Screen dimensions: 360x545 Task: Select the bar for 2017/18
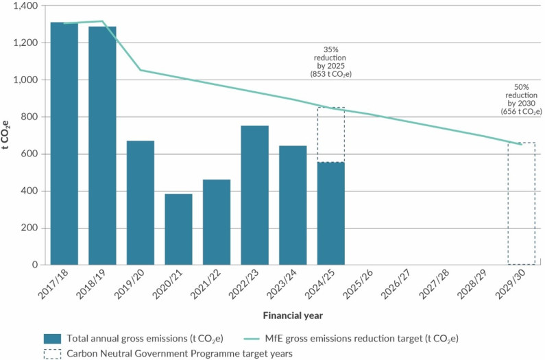(x=64, y=143)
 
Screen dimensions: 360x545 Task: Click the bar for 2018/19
(x=102, y=145)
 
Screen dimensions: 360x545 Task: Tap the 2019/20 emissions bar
(x=141, y=202)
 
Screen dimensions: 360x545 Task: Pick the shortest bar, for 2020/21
(x=178, y=229)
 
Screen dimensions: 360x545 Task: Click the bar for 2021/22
(x=217, y=221)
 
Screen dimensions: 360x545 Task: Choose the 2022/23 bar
(x=255, y=195)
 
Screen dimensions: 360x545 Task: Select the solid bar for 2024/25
(x=330, y=213)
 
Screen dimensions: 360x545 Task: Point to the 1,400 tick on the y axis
(x=27, y=5)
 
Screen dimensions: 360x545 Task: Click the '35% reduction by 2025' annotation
(x=330, y=62)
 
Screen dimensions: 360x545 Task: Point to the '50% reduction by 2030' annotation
(x=521, y=99)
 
